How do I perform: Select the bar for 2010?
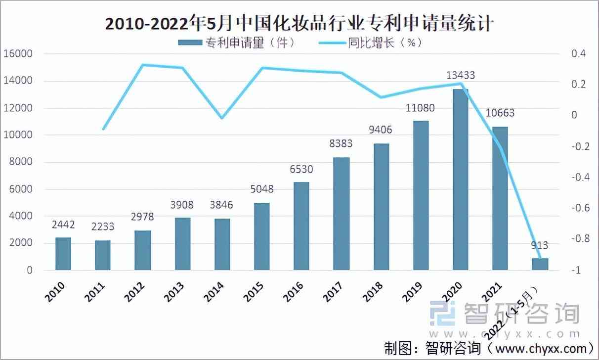pos(63,254)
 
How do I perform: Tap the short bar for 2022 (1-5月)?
pos(540,264)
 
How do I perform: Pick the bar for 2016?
pos(301,226)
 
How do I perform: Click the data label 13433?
pos(461,76)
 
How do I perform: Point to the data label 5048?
pos(261,189)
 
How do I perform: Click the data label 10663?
pos(500,113)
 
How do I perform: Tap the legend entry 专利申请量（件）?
pos(237,43)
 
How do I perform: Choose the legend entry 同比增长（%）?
pos(371,43)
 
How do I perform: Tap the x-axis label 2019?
pos(411,292)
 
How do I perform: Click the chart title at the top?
pos(299,22)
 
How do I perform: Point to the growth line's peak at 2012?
pos(142,65)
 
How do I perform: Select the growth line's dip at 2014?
pos(222,118)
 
